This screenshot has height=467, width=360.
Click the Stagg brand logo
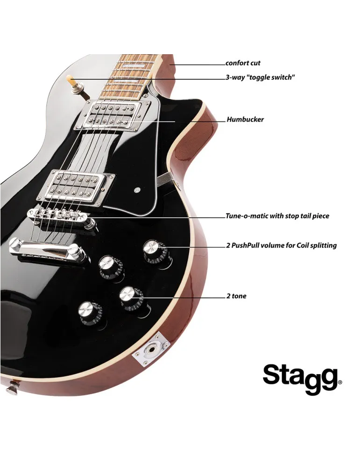(302, 379)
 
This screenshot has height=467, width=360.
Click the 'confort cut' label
(243, 63)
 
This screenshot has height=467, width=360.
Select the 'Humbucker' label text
(245, 120)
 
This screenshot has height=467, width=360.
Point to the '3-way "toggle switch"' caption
(260, 78)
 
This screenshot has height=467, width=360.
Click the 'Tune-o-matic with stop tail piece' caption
(277, 216)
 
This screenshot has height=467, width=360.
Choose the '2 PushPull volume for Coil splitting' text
(281, 246)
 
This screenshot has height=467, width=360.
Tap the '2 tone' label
(236, 296)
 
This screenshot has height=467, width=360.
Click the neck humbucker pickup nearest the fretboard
(113, 115)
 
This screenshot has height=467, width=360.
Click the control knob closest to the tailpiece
(111, 267)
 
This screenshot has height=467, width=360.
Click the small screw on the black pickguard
(137, 190)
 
